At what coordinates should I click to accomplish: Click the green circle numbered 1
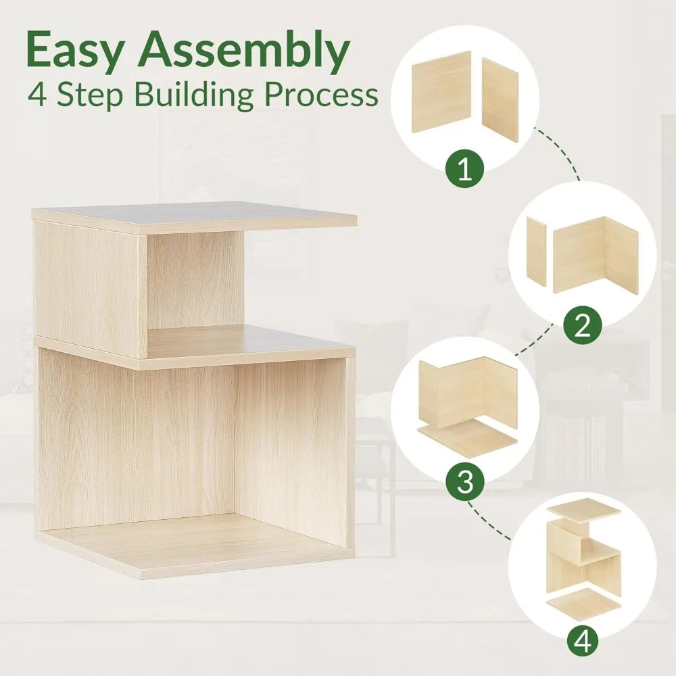click(x=465, y=169)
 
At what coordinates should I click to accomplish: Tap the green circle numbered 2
click(x=583, y=325)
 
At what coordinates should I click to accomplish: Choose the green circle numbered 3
click(x=465, y=481)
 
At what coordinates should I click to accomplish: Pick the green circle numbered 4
click(x=583, y=641)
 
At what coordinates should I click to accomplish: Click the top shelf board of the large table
click(x=195, y=218)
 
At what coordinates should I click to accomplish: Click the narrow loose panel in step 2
click(x=536, y=251)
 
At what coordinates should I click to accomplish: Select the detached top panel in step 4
click(x=584, y=510)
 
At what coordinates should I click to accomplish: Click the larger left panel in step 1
click(x=441, y=92)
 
